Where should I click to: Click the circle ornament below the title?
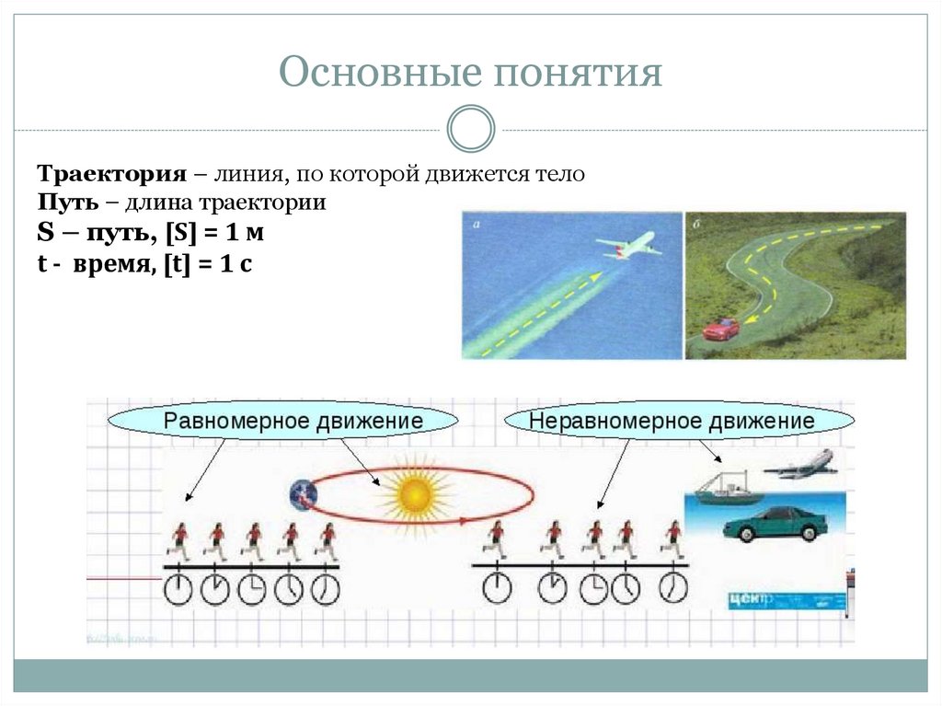[x=471, y=129]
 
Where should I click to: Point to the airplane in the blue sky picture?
[x=628, y=245]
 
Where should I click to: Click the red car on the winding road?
[x=721, y=329]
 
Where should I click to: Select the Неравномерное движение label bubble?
[x=672, y=422]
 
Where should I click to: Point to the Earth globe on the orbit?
[x=301, y=495]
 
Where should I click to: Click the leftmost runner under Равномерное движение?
[x=180, y=540]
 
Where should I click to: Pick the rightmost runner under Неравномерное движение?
[x=673, y=539]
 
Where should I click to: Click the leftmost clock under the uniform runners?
[x=178, y=589]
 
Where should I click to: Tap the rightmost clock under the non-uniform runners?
[x=672, y=586]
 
